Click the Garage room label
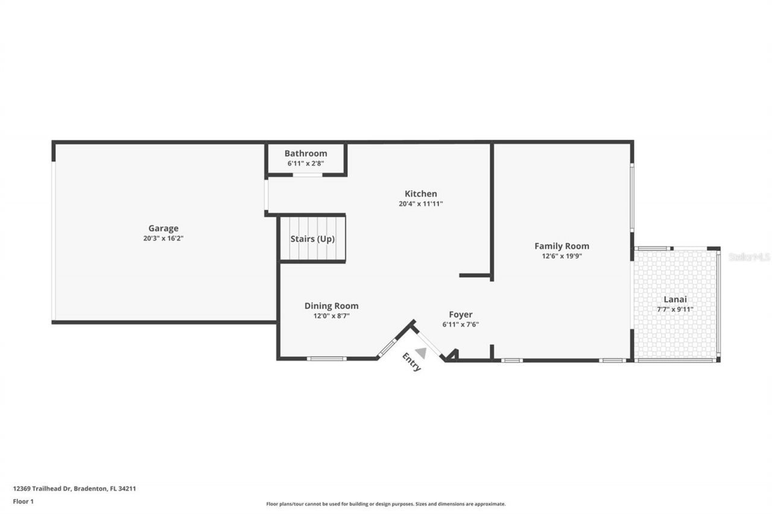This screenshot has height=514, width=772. tap(163, 228)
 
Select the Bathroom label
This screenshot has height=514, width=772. tap(306, 154)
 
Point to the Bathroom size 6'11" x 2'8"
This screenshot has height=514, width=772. tap(306, 163)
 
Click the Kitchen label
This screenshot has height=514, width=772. tap(420, 194)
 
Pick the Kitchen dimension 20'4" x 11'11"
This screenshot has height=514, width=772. tap(420, 204)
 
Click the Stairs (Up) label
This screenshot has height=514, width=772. tap(312, 239)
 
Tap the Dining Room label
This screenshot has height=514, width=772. tap(331, 306)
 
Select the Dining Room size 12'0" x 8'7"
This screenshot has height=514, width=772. tap(331, 316)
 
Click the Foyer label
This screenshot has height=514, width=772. tap(460, 315)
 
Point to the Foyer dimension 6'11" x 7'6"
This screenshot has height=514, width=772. tap(460, 324)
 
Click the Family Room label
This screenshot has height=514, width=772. tap(562, 246)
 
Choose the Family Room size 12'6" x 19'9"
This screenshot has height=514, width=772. tap(562, 255)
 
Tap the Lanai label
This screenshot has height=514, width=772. tap(675, 299)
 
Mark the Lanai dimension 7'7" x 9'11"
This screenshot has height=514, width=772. tap(675, 309)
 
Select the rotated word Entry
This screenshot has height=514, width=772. tap(411, 362)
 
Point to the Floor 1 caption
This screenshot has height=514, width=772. tap(24, 501)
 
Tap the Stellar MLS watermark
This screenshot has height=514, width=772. tap(749, 257)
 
